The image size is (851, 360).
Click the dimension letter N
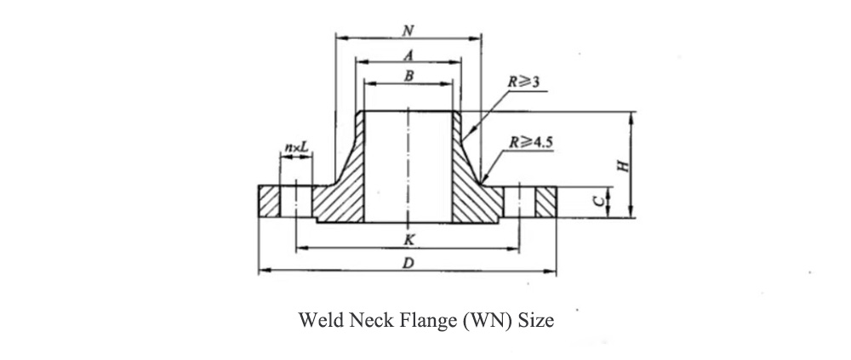pyautogui.click(x=408, y=31)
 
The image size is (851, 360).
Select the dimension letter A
pyautogui.click(x=409, y=54)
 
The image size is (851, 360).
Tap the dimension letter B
pyautogui.click(x=408, y=76)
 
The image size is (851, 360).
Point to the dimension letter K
pyautogui.click(x=410, y=239)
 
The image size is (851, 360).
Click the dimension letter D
pyautogui.click(x=408, y=263)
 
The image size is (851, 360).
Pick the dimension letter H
pyautogui.click(x=625, y=165)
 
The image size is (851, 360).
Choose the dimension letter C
pyautogui.click(x=597, y=201)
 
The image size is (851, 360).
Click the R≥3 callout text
pyautogui.click(x=523, y=82)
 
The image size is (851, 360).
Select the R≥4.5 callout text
pyautogui.click(x=530, y=142)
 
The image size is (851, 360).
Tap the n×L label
pyautogui.click(x=296, y=146)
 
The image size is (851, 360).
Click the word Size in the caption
pyautogui.click(x=535, y=320)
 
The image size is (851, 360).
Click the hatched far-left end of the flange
pyautogui.click(x=269, y=202)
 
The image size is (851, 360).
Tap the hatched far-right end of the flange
pyautogui.click(x=546, y=202)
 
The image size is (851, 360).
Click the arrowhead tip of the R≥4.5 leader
pyautogui.click(x=482, y=183)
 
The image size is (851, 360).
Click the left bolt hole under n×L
pyautogui.click(x=296, y=202)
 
